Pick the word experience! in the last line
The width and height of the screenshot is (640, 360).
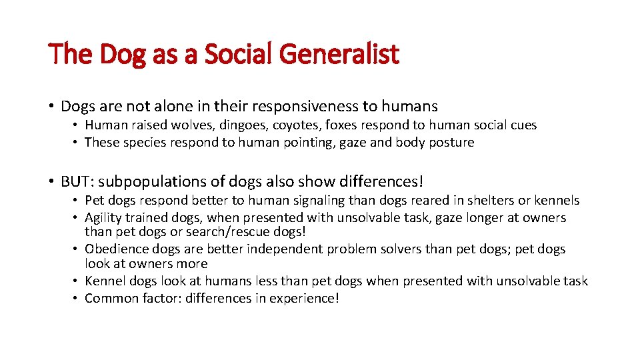305,298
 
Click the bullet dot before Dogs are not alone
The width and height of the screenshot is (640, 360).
51,107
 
